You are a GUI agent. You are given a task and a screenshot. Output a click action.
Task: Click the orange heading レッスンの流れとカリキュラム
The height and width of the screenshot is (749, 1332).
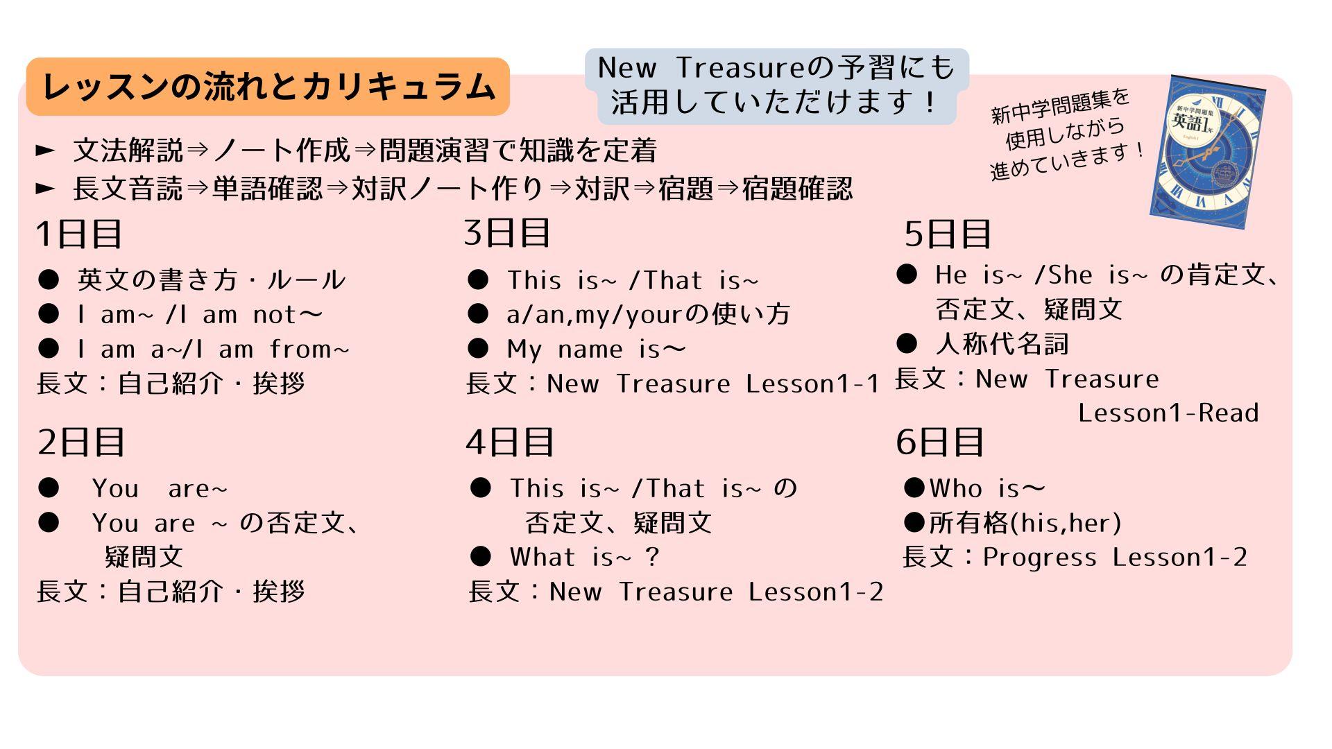(x=268, y=87)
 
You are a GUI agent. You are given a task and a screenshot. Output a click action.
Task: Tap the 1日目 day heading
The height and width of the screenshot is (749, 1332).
(x=79, y=234)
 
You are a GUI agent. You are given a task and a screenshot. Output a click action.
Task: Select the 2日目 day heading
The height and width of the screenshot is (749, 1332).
(x=81, y=442)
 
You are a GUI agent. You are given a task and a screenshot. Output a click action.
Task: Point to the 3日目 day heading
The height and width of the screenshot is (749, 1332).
(x=507, y=232)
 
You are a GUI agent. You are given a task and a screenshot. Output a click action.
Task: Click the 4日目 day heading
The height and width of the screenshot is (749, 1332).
(x=510, y=442)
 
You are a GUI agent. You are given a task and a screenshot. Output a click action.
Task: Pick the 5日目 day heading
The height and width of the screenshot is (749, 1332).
(x=948, y=234)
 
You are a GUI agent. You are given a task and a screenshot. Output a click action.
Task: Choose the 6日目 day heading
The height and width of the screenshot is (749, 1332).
(x=940, y=442)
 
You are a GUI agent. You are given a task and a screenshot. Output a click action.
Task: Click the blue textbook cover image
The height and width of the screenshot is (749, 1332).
(x=1208, y=151)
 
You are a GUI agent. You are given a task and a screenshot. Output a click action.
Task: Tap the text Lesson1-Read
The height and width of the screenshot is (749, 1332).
(x=1168, y=413)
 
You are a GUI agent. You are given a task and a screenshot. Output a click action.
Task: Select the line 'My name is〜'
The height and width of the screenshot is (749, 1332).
(x=597, y=349)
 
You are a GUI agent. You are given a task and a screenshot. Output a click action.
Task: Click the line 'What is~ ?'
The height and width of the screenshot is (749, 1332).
(x=584, y=557)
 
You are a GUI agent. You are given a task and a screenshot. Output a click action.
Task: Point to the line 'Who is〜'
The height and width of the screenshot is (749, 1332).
(x=987, y=488)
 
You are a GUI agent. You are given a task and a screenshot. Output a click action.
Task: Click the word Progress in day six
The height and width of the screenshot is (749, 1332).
(x=1040, y=558)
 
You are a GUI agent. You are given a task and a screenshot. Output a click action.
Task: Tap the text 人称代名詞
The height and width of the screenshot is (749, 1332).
(x=1002, y=343)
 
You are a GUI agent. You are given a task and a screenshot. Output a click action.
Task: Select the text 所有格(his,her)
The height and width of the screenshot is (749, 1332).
(x=1025, y=523)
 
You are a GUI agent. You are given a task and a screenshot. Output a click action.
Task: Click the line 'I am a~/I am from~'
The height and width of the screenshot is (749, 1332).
(x=214, y=349)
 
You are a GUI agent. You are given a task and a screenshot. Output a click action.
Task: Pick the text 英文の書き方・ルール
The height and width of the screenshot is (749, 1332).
(x=212, y=279)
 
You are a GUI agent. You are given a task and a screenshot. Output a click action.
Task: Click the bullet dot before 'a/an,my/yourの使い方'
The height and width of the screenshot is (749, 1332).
(x=478, y=314)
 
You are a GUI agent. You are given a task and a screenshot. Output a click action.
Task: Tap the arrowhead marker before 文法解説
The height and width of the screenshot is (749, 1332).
(x=45, y=150)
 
